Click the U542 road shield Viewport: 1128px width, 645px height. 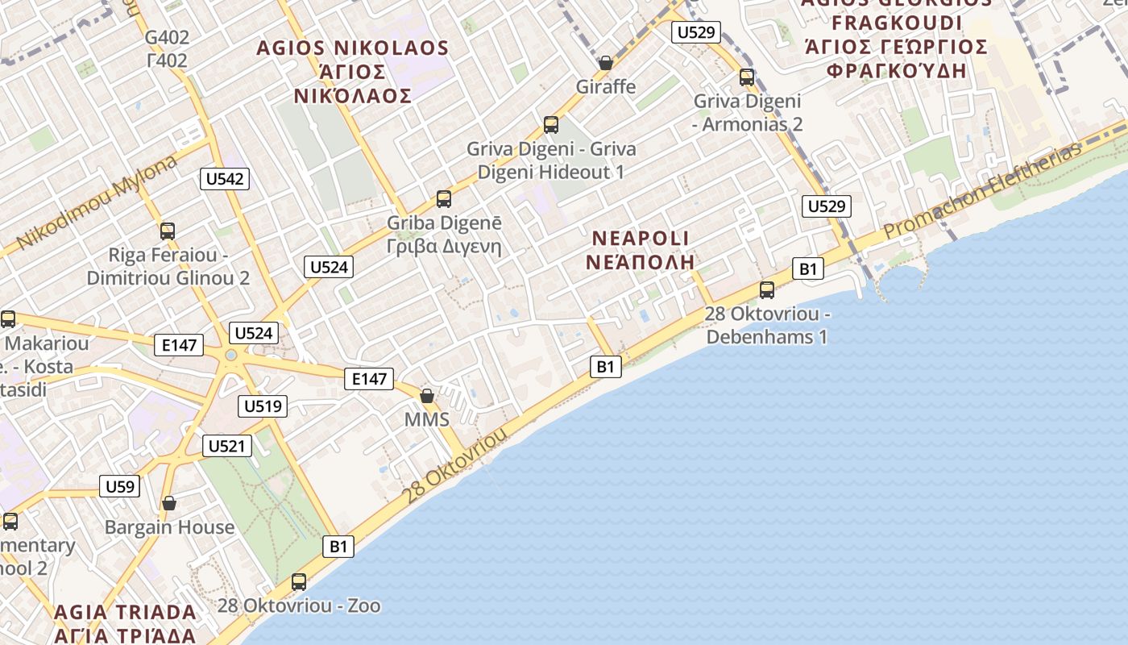click(x=225, y=179)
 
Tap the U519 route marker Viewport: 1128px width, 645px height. click(x=263, y=406)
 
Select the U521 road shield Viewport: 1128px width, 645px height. click(x=226, y=446)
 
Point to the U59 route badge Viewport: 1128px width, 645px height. click(x=119, y=486)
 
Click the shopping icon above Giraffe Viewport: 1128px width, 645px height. click(x=606, y=62)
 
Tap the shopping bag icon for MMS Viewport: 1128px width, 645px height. click(x=427, y=395)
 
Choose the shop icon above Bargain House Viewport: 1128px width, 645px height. click(x=169, y=503)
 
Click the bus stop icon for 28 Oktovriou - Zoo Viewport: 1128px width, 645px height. click(x=299, y=581)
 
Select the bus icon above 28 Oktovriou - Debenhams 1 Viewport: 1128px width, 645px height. click(x=767, y=289)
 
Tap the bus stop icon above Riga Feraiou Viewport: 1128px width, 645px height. click(x=168, y=231)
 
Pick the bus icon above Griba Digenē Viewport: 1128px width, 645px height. click(x=444, y=198)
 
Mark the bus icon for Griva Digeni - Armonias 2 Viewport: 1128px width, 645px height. click(x=747, y=77)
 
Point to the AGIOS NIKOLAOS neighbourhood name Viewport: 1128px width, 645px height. click(x=352, y=72)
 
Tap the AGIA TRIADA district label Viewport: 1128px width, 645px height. click(x=125, y=623)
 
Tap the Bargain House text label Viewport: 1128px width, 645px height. click(x=169, y=527)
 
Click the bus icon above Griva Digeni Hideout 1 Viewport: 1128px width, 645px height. click(x=551, y=125)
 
